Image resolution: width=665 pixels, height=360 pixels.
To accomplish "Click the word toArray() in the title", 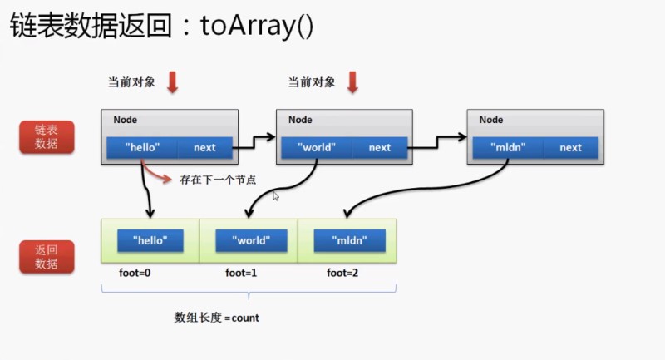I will point(256,27).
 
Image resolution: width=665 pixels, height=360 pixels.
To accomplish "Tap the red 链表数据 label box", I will point(47,137).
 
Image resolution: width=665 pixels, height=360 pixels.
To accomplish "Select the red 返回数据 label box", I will point(47,257).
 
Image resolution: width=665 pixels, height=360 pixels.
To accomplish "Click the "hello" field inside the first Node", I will point(142,148).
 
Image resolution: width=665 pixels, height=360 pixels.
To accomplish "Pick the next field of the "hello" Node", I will point(204,148).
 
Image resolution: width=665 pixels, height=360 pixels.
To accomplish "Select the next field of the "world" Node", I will point(379,148).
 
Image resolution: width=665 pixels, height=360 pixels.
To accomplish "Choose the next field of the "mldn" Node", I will point(570,148).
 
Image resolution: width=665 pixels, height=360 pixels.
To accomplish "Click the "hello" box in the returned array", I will point(150,241).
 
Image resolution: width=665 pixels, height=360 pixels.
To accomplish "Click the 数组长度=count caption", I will point(216,318).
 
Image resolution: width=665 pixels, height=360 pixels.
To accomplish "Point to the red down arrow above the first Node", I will point(173,81).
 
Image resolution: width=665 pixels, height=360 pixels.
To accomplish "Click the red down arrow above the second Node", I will point(352,81).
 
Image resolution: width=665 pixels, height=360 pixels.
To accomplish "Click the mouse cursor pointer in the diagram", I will point(276,195).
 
